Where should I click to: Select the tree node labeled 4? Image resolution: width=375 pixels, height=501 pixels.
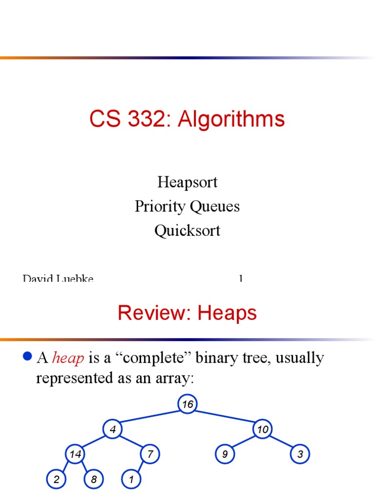[113, 430]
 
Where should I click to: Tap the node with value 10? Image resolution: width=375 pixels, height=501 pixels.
[263, 430]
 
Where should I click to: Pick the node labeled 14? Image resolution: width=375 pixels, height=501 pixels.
[75, 455]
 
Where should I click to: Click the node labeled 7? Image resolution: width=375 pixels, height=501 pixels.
[150, 455]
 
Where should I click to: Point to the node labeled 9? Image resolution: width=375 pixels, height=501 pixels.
[225, 455]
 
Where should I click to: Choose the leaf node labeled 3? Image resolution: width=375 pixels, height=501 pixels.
[300, 455]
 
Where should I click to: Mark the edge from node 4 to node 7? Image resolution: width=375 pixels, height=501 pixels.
[132, 442]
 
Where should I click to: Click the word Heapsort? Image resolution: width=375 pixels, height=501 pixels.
[187, 182]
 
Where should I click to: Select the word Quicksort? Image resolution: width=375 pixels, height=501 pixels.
[187, 230]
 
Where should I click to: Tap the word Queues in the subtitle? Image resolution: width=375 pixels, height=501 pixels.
[215, 206]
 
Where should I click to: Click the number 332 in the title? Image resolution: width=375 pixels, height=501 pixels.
[149, 119]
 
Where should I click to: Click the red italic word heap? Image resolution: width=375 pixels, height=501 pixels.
[68, 359]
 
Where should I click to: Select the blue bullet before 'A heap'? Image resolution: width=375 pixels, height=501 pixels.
[28, 356]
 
